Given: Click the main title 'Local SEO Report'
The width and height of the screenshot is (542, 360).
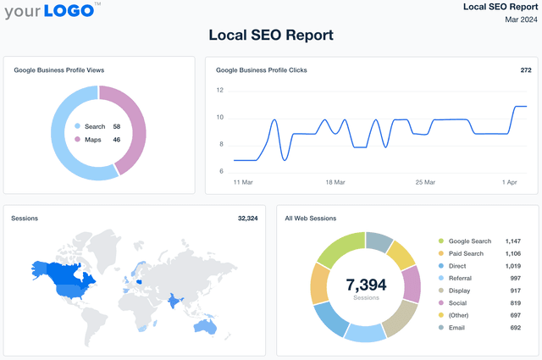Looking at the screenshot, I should (x=271, y=35).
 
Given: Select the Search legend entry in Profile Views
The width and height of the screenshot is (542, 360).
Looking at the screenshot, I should (x=95, y=126).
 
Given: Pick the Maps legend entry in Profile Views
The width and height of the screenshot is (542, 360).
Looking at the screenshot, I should (x=94, y=139).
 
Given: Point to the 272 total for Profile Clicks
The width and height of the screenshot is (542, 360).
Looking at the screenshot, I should (x=524, y=70).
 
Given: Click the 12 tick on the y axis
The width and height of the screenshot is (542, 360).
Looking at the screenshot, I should (x=219, y=90).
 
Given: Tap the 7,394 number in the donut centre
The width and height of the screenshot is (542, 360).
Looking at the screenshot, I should (x=367, y=283).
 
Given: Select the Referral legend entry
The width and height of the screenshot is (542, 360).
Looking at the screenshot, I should (x=462, y=278).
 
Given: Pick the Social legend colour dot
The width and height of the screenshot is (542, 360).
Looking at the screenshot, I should (x=440, y=302).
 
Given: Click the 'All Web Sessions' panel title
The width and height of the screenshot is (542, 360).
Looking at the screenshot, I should (x=311, y=219).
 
